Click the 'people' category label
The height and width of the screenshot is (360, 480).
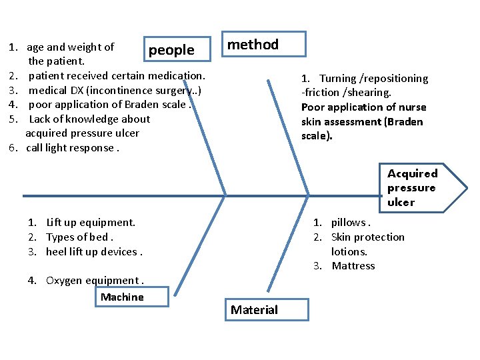point(171,50)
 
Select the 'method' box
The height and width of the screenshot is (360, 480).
point(264,45)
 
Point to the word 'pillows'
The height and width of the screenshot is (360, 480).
point(348,223)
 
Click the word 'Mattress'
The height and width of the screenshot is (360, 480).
point(353,266)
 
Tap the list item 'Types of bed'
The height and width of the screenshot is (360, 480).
point(79,237)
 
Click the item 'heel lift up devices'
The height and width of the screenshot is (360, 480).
point(93,252)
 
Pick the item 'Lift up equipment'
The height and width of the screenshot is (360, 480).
point(90,223)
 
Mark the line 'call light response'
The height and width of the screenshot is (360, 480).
point(72,148)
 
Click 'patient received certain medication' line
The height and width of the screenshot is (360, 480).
point(116,76)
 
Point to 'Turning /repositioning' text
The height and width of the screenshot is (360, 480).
point(373,79)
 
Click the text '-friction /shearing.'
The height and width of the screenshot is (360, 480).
point(346,93)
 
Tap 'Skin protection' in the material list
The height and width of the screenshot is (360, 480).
point(367,237)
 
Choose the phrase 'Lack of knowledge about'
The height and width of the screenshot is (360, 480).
point(89,119)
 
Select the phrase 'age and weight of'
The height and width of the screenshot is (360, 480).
point(70,47)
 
